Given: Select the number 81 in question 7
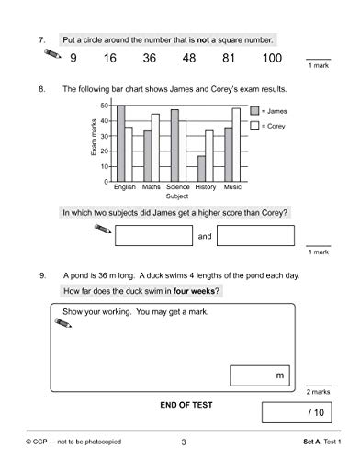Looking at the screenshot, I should coord(229,60).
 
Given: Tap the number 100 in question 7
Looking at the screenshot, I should coord(271,60).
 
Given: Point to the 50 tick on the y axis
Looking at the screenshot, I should coord(108,106).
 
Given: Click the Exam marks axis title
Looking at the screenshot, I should coord(95,142).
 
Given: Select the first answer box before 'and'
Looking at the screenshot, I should coord(154,236).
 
